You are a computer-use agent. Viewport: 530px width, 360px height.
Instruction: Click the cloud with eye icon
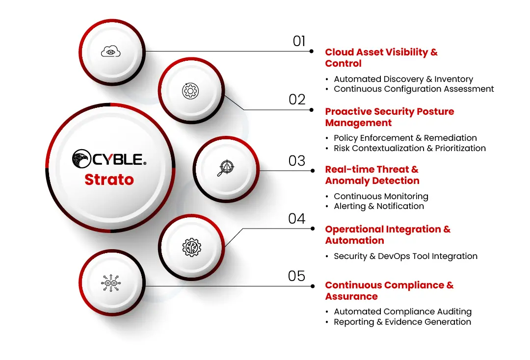pyautogui.click(x=111, y=51)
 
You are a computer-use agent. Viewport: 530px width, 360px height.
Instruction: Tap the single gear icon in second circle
pyautogui.click(x=190, y=91)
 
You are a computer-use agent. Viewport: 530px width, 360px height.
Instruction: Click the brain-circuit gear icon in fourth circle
pyautogui.click(x=191, y=247)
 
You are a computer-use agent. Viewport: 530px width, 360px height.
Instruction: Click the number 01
pyautogui.click(x=299, y=41)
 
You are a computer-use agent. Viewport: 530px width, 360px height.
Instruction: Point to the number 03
pyautogui.click(x=297, y=161)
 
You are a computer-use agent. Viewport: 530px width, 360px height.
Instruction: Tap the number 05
pyautogui.click(x=297, y=276)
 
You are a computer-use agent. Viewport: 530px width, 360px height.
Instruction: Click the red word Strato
pyautogui.click(x=109, y=180)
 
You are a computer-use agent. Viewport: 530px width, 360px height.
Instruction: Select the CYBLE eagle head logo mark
pyautogui.click(x=81, y=158)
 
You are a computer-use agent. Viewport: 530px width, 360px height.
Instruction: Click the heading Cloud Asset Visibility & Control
pyautogui.click(x=381, y=58)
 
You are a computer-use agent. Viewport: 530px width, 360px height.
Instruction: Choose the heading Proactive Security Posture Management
pyautogui.click(x=389, y=117)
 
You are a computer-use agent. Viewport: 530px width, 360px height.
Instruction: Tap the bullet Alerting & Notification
pyautogui.click(x=378, y=206)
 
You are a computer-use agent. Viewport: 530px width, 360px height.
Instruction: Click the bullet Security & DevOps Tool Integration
pyautogui.click(x=405, y=256)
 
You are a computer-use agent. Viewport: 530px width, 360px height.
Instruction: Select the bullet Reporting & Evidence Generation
pyautogui.click(x=402, y=322)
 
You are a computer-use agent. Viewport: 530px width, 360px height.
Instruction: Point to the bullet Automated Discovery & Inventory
pyautogui.click(x=403, y=79)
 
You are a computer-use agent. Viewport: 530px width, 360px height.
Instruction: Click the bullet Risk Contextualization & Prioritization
pyautogui.click(x=409, y=148)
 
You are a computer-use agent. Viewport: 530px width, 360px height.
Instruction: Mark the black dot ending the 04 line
pyautogui.click(x=312, y=229)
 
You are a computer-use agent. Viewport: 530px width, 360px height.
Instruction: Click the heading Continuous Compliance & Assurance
pyautogui.click(x=389, y=291)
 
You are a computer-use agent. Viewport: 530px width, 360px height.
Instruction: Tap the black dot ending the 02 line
pyautogui.click(x=312, y=110)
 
